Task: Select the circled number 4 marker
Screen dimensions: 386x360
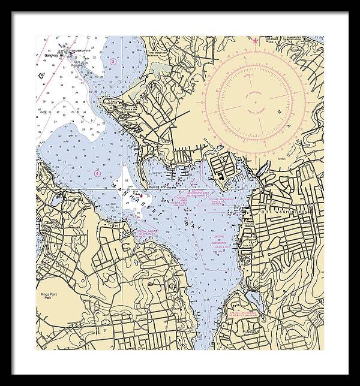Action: (97, 173)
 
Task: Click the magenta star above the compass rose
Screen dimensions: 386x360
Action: (256, 41)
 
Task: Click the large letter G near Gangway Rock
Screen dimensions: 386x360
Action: (41, 76)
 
